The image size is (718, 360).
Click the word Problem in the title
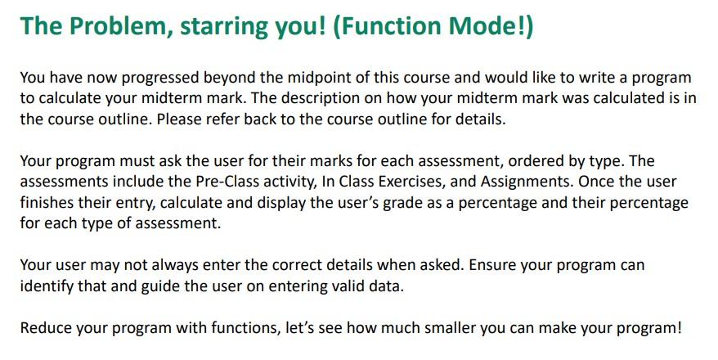[x=118, y=26]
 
